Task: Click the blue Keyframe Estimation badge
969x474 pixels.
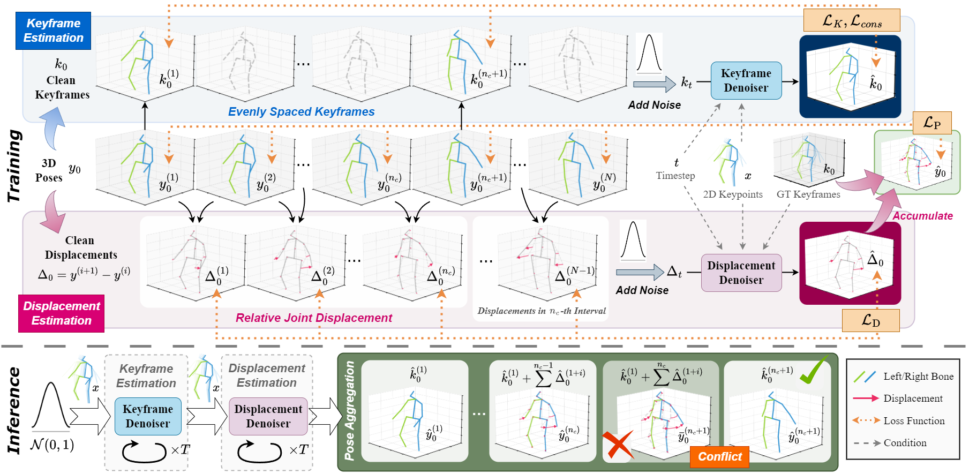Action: click(53, 31)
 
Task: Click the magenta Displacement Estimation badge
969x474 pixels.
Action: click(62, 313)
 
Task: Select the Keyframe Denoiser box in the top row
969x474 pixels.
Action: click(746, 80)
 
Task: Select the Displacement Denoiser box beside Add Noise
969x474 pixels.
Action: click(741, 273)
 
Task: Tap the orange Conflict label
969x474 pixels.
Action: click(719, 457)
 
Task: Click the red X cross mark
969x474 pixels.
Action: click(618, 446)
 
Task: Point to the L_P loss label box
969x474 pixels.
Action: click(932, 123)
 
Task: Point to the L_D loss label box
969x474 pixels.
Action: click(870, 321)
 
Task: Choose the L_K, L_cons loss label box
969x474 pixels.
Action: click(851, 21)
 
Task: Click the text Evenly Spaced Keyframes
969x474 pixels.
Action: click(301, 112)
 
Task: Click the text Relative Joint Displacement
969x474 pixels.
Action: click(314, 318)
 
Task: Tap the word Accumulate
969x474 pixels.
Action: click(922, 216)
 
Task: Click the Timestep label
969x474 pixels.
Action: click(675, 176)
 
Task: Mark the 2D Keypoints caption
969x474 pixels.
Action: click(733, 194)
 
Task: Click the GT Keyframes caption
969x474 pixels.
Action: click(808, 194)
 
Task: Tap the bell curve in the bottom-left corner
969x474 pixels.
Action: click(51, 407)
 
